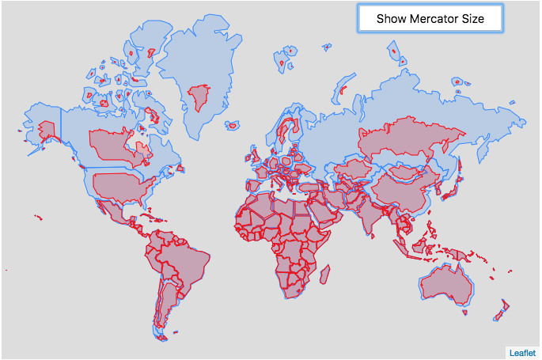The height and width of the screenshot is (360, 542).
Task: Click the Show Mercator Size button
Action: tap(430, 18)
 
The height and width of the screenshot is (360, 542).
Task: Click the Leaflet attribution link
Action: tap(522, 352)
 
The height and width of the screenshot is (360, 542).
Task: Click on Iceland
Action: tap(233, 125)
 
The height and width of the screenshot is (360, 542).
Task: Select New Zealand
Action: tap(500, 312)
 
